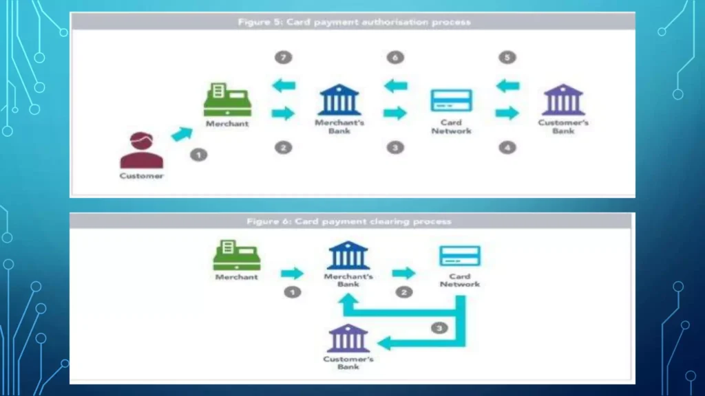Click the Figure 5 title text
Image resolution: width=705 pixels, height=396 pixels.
[354, 22]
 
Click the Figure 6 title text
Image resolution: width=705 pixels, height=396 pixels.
[349, 221]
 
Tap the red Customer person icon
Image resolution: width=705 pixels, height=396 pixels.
[142, 151]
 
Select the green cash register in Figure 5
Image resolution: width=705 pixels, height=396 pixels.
[227, 100]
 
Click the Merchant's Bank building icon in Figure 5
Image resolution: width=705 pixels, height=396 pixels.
[339, 100]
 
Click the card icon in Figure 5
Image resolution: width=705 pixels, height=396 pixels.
[452, 101]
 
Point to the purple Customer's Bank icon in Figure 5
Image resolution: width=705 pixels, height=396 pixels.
[563, 100]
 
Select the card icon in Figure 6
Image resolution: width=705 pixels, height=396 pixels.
[460, 256]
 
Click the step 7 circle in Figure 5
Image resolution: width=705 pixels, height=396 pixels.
[282, 57]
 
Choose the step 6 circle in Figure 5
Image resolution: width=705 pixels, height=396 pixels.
[394, 57]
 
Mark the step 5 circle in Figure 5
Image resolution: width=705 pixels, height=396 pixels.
[507, 57]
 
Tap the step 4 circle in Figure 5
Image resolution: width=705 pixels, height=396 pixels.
[507, 147]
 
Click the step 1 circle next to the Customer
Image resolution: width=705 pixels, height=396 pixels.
[198, 155]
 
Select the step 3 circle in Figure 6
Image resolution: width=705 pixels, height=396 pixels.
[440, 328]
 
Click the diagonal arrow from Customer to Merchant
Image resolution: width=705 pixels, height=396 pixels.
[182, 133]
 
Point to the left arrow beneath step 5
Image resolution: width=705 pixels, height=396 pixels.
[507, 86]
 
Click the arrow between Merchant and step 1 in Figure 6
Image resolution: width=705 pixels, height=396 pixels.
[292, 273]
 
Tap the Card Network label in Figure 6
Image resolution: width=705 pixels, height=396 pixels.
[460, 280]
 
